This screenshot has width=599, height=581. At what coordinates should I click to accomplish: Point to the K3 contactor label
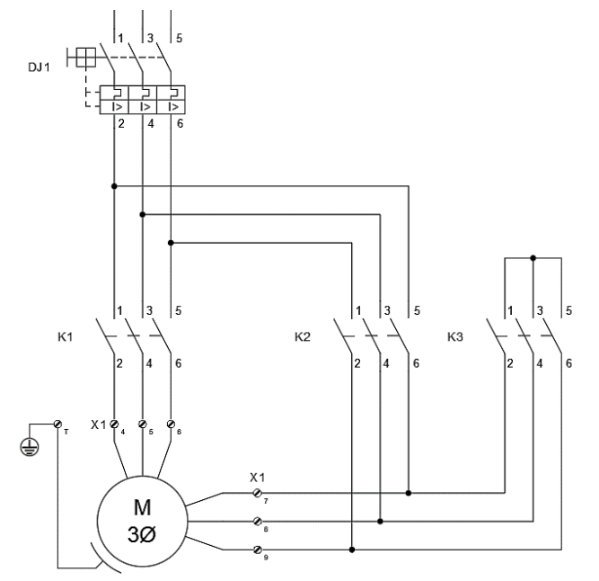(x=456, y=341)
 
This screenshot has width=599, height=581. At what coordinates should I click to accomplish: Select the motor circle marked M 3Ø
(x=142, y=514)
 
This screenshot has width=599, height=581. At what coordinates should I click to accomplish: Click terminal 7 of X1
(x=258, y=494)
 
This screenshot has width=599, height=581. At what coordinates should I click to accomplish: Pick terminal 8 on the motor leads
(x=258, y=521)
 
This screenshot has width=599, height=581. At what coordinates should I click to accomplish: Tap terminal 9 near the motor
(x=258, y=549)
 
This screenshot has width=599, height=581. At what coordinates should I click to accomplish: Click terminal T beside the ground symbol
(x=59, y=423)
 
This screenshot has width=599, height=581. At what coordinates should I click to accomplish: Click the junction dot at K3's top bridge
(x=533, y=257)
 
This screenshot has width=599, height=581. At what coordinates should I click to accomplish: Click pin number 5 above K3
(x=568, y=311)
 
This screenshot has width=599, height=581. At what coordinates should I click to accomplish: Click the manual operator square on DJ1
(x=85, y=58)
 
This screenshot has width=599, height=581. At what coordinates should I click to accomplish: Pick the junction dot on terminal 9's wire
(x=351, y=549)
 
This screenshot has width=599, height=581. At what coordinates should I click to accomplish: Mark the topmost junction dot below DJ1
(x=114, y=187)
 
